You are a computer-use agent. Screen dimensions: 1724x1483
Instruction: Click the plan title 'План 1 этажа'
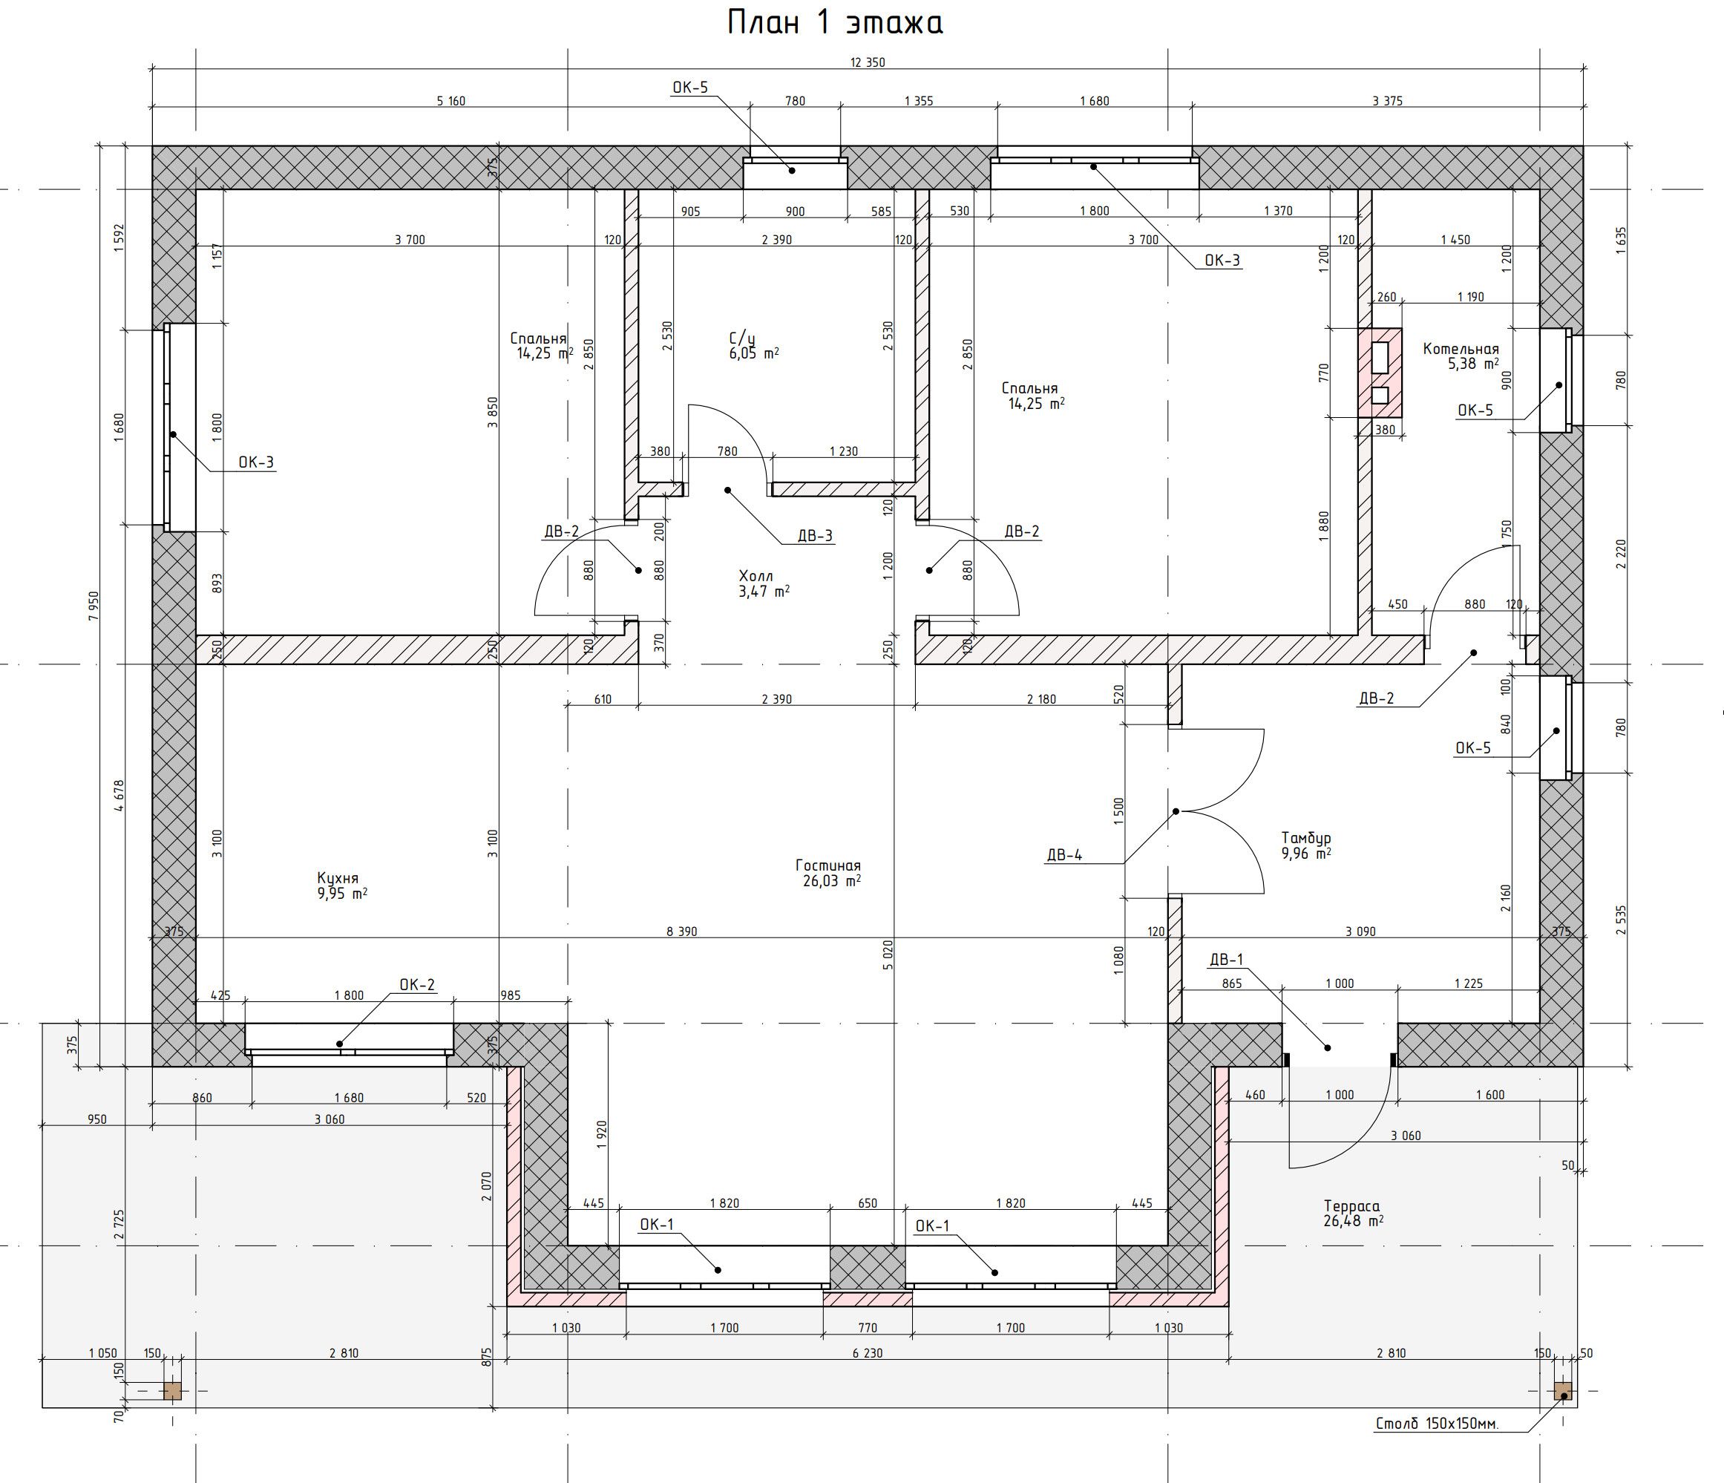(x=835, y=23)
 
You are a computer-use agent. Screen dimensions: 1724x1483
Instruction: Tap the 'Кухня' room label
(x=338, y=878)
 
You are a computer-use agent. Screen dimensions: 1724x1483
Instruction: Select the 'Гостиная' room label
(x=828, y=865)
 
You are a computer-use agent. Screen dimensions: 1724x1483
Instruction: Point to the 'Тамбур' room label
(x=1306, y=838)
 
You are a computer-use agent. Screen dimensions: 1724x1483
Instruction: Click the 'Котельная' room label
(x=1461, y=349)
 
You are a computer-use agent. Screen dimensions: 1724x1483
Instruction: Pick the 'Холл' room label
(x=756, y=576)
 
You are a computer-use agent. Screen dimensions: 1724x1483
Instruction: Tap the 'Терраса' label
(x=1352, y=1206)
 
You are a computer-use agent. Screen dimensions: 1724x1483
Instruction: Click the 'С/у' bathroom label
(x=742, y=338)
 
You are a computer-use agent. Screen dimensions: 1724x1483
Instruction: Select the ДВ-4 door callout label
(x=1064, y=854)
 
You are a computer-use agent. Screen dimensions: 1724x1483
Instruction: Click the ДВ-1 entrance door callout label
(x=1227, y=960)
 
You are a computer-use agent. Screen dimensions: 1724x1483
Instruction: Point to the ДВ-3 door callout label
(x=815, y=535)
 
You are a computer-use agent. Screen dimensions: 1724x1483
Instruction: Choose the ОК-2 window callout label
(x=417, y=984)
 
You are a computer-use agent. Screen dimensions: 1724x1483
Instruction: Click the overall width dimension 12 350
(x=867, y=62)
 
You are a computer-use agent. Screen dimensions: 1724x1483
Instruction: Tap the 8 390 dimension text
(x=681, y=932)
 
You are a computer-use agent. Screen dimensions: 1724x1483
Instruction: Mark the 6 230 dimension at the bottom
(x=867, y=1352)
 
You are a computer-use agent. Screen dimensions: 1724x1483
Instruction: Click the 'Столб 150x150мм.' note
(x=1437, y=1424)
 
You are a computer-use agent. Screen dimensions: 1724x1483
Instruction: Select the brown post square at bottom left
(x=172, y=1391)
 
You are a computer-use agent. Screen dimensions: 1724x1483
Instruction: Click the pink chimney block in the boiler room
(x=1380, y=373)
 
